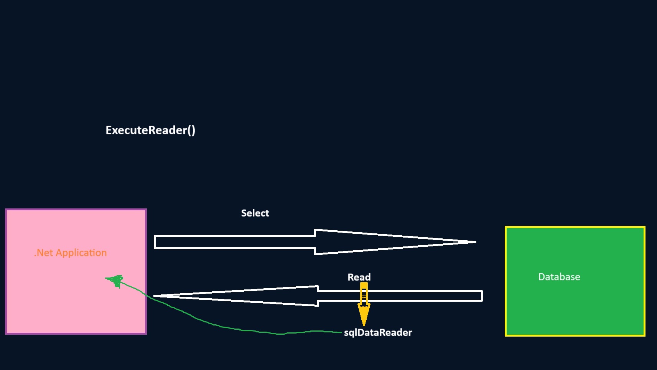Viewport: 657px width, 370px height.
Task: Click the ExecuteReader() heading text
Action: pos(150,130)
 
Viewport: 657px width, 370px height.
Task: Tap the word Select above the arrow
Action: pos(255,213)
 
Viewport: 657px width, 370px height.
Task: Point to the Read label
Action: pos(359,277)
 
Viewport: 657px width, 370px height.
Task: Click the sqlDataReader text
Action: pos(378,333)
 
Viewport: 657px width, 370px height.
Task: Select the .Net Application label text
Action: pos(71,253)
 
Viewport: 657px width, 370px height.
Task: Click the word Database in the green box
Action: pos(559,277)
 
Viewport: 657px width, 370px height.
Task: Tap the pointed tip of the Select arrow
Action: pos(476,242)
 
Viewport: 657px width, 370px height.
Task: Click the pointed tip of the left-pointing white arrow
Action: pos(154,296)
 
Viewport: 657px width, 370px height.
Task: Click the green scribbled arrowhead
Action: pos(115,281)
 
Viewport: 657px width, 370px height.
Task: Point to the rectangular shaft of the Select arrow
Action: pos(235,242)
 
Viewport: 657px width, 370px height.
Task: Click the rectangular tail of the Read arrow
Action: pos(400,296)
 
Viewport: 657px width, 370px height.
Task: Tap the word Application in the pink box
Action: pos(81,253)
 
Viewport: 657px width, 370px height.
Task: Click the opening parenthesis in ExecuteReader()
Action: pos(189,130)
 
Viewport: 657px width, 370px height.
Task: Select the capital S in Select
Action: pos(244,213)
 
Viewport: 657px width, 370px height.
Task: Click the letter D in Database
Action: pos(542,277)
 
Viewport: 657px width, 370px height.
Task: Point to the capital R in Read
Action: pos(351,277)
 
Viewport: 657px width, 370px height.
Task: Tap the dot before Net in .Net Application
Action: pos(35,256)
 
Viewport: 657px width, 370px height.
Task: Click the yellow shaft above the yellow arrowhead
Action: pos(364,294)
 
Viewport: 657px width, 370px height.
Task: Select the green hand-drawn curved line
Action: pos(223,326)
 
